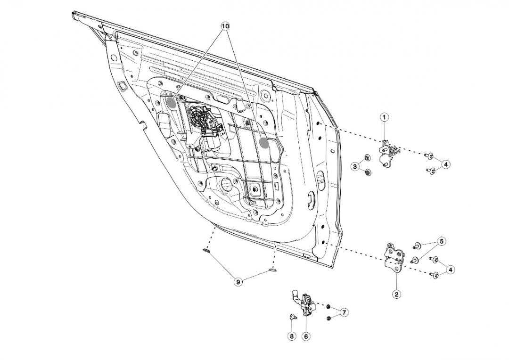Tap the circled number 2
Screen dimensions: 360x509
pyautogui.click(x=397, y=294)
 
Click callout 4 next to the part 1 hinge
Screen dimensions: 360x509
pyautogui.click(x=446, y=164)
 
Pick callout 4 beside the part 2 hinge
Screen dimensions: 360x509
pyautogui.click(x=451, y=270)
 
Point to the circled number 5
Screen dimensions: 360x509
pyautogui.click(x=441, y=242)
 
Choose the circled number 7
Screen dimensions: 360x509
pyautogui.click(x=344, y=312)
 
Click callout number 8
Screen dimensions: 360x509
pyautogui.click(x=292, y=336)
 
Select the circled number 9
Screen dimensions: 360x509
pyautogui.click(x=238, y=282)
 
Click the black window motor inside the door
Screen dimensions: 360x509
pyautogui.click(x=203, y=122)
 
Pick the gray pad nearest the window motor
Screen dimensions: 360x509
pyautogui.click(x=171, y=102)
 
